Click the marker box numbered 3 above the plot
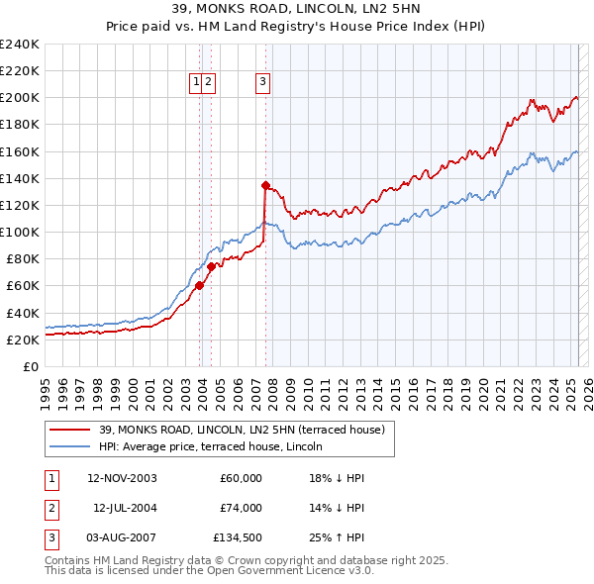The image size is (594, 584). pyautogui.click(x=263, y=83)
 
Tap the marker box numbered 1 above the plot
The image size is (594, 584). pyautogui.click(x=197, y=83)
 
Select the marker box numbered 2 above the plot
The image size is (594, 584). pyautogui.click(x=210, y=83)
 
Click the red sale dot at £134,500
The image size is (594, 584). pyautogui.click(x=265, y=185)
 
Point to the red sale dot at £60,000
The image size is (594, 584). pyautogui.click(x=199, y=285)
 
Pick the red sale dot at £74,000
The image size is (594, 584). pyautogui.click(x=211, y=266)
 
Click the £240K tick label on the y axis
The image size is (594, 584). pyautogui.click(x=20, y=45)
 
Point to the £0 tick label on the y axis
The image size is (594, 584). pyautogui.click(x=32, y=366)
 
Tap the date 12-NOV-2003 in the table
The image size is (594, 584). pyautogui.click(x=122, y=478)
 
